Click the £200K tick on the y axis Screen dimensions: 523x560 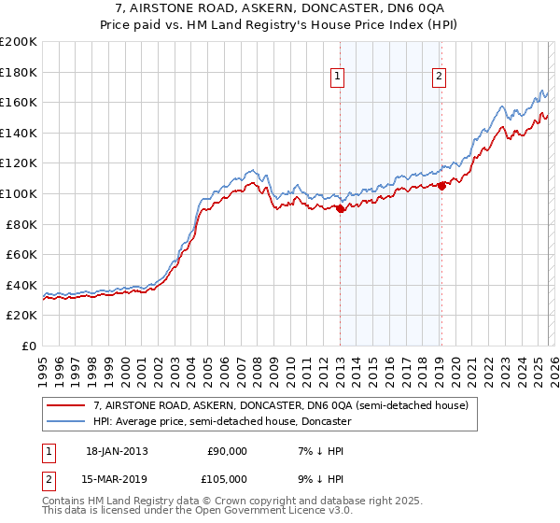(19, 42)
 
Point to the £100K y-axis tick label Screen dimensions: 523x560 (19, 193)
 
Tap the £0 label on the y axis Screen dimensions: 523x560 (29, 346)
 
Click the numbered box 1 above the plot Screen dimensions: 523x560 (337, 78)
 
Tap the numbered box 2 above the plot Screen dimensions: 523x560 (439, 78)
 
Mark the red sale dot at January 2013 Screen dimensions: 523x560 (340, 209)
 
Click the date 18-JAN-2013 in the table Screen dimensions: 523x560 (117, 451)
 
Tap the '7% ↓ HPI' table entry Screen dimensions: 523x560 (318, 451)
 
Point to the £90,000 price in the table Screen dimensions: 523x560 (227, 451)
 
